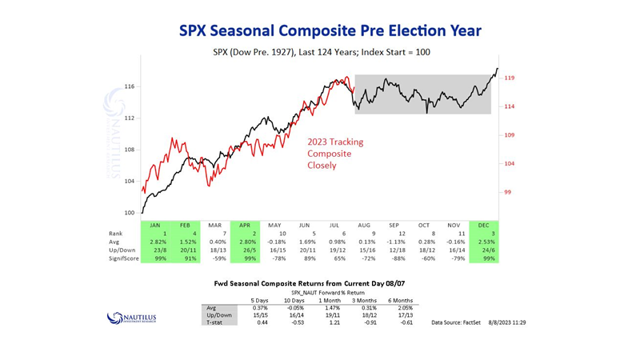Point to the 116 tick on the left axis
tap(128, 86)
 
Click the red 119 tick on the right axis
tap(509, 78)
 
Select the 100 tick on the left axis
tap(128, 214)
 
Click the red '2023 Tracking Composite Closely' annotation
tap(336, 154)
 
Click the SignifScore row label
tap(119, 259)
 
